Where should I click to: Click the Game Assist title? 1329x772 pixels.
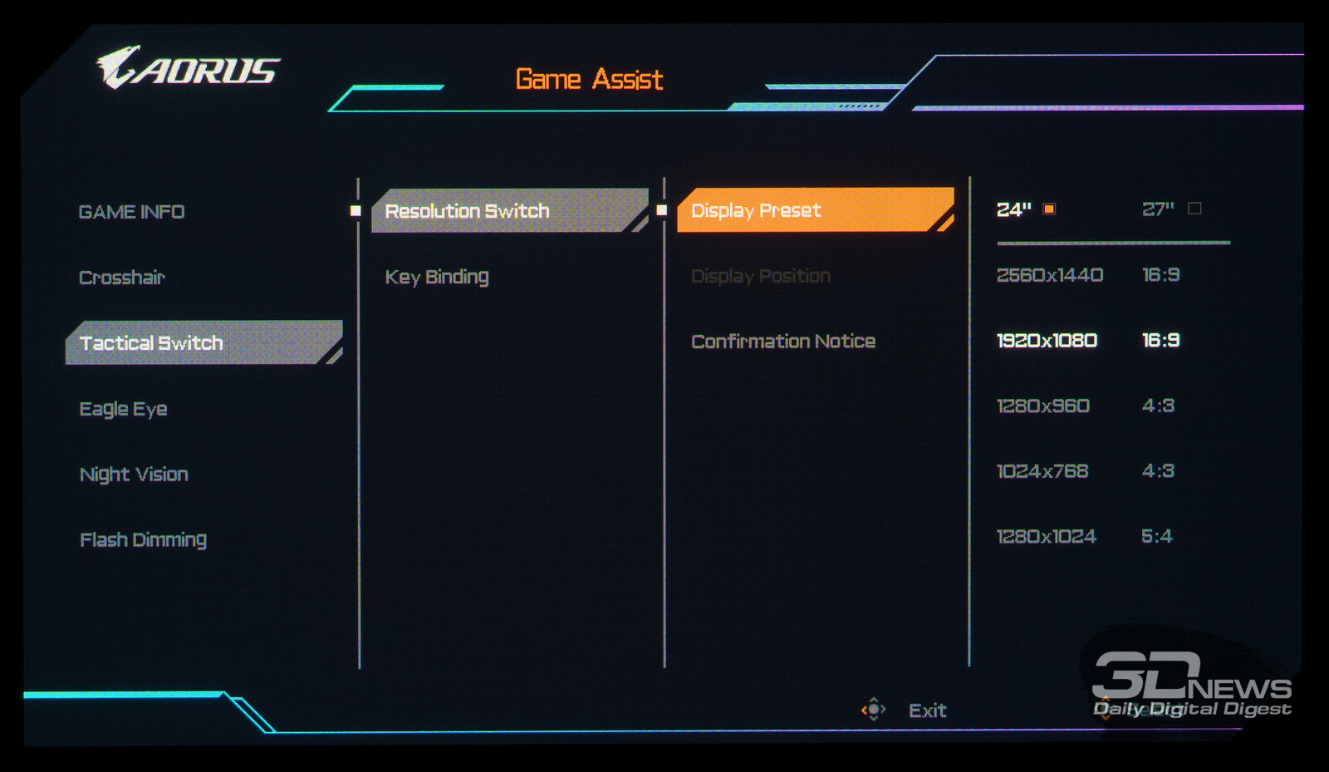[589, 80]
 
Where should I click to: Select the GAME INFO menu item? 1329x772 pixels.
[131, 212]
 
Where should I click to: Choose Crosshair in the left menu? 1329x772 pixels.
[122, 278]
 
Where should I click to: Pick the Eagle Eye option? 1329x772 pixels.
[123, 409]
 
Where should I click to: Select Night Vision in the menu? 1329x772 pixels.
[134, 475]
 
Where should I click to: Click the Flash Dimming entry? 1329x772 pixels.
[143, 540]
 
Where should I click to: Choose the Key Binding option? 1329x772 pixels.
[437, 277]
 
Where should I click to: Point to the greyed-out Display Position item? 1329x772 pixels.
[761, 276]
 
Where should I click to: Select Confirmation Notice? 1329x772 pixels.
[783, 342]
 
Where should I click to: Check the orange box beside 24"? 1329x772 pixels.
[1049, 209]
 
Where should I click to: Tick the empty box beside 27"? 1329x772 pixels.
[1194, 209]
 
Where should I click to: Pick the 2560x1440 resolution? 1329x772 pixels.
[1050, 275]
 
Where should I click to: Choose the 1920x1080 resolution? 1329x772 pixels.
[1047, 341]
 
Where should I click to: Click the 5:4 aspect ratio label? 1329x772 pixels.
[1156, 537]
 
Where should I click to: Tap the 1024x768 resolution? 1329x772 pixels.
[1042, 471]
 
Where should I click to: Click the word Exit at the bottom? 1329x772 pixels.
[927, 711]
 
